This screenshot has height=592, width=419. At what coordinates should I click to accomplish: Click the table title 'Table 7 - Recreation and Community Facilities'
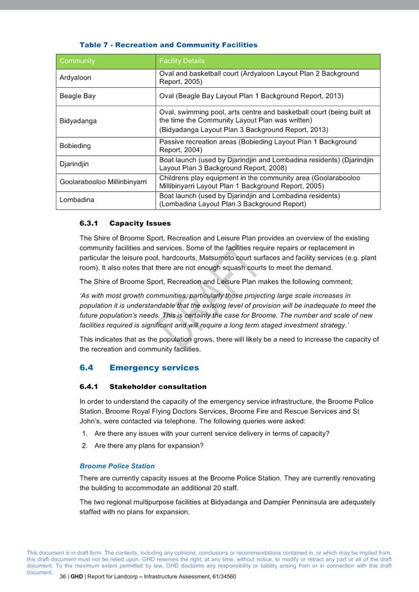168,45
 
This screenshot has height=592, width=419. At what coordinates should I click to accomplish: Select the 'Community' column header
77,61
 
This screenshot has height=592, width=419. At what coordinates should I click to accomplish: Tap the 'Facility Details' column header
182,61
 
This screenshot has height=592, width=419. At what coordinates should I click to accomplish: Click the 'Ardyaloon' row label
75,78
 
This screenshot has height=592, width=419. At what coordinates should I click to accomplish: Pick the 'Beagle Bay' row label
78,96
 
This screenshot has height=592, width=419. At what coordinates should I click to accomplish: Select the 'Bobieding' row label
75,146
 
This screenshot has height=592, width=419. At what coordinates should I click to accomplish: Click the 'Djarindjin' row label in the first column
75,164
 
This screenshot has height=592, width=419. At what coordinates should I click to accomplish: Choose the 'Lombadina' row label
76,199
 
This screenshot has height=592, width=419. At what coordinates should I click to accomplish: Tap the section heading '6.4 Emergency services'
139,368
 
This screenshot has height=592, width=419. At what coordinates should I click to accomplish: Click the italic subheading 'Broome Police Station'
117,466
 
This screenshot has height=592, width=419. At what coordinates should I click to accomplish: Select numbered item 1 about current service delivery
211,433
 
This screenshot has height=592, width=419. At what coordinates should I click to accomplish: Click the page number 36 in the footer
63,577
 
